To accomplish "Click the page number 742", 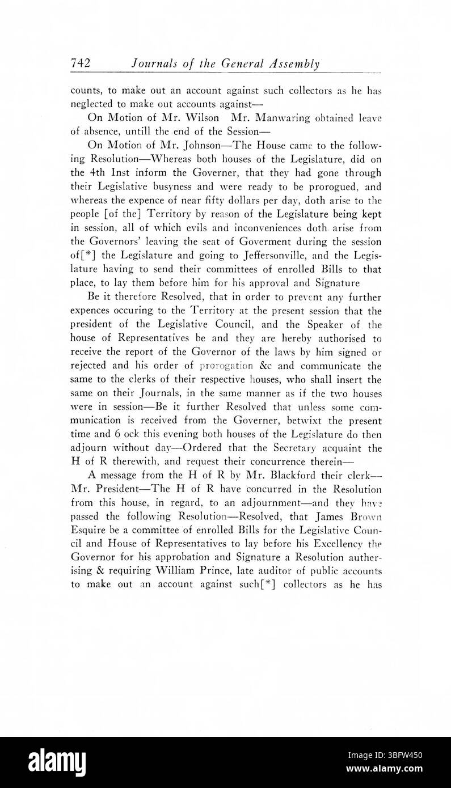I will coord(81,63).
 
